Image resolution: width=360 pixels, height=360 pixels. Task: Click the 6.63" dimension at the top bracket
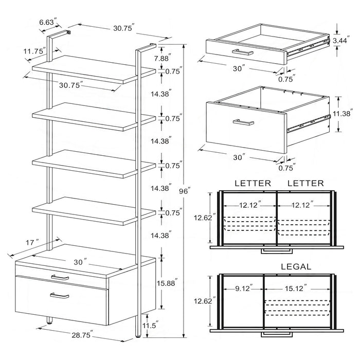point(47,23)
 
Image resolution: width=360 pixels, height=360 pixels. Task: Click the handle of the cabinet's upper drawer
point(60,277)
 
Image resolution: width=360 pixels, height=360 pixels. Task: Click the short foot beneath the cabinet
point(50,321)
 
